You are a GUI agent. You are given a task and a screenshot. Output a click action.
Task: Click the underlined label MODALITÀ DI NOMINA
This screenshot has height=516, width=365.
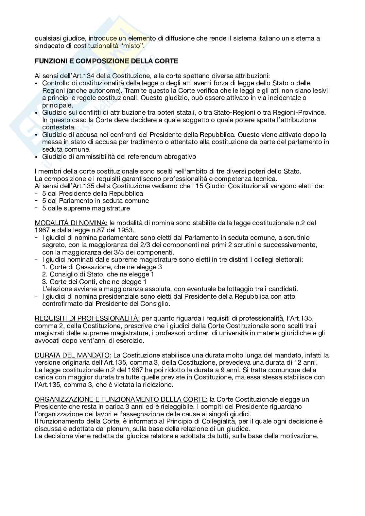(x=71, y=223)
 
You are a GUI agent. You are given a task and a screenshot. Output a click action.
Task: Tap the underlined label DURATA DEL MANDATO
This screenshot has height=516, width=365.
(x=73, y=355)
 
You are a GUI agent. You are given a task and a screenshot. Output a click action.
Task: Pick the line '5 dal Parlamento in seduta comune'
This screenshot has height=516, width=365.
(x=96, y=201)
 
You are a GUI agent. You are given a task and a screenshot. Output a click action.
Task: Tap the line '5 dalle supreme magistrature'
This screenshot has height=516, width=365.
(x=86, y=208)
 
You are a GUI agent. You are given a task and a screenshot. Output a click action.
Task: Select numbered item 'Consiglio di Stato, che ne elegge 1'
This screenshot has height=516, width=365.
(x=102, y=274)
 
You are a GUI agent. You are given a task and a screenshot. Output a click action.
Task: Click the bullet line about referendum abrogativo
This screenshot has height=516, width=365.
(x=119, y=157)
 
